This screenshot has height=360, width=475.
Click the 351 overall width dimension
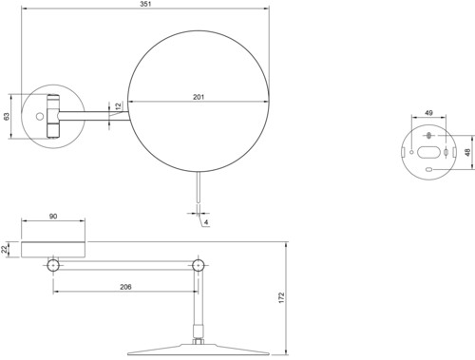(145, 4)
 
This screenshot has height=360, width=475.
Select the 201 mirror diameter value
(199, 97)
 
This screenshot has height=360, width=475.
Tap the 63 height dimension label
(7, 116)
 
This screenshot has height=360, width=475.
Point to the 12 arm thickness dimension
(118, 106)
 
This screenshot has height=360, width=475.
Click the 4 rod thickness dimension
(206, 222)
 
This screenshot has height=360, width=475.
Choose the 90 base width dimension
(53, 217)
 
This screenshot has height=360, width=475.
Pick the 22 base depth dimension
(4, 249)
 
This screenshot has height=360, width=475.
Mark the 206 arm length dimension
(125, 287)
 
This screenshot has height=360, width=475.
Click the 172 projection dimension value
(281, 298)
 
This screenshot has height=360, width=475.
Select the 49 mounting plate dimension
(428, 113)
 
